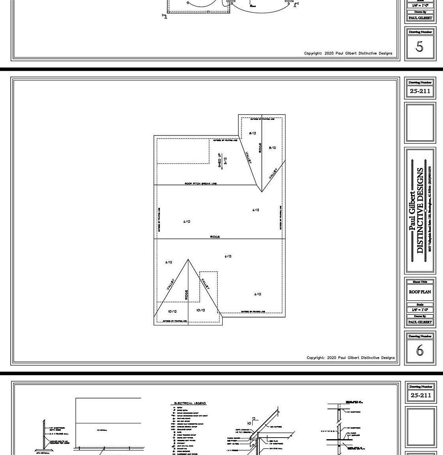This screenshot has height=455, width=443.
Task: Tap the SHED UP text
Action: (x=220, y=160)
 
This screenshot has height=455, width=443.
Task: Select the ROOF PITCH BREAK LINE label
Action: (x=201, y=184)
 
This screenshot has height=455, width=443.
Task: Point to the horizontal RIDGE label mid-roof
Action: (x=215, y=237)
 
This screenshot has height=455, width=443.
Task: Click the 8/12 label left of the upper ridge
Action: (x=252, y=133)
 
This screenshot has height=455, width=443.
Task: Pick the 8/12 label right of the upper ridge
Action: (x=272, y=148)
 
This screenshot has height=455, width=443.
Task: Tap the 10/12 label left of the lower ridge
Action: (x=172, y=312)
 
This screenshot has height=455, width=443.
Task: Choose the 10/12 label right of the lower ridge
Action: (x=201, y=310)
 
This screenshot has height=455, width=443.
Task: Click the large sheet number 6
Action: (x=420, y=350)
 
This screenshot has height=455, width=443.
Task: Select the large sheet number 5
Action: (x=419, y=47)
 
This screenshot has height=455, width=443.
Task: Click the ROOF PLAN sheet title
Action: (x=420, y=292)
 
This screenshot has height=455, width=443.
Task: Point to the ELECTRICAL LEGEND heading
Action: (x=190, y=403)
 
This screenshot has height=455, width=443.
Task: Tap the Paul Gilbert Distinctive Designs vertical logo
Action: (x=419, y=211)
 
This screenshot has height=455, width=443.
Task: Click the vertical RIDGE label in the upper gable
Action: (x=260, y=148)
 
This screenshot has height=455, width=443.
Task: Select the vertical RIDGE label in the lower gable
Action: (x=186, y=295)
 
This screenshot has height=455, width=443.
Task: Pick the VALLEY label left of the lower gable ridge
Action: (x=170, y=285)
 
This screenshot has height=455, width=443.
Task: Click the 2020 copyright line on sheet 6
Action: (x=350, y=358)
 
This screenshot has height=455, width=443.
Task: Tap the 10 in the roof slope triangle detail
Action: (x=249, y=423)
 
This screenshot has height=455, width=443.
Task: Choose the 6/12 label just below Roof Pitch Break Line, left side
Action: (x=187, y=222)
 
